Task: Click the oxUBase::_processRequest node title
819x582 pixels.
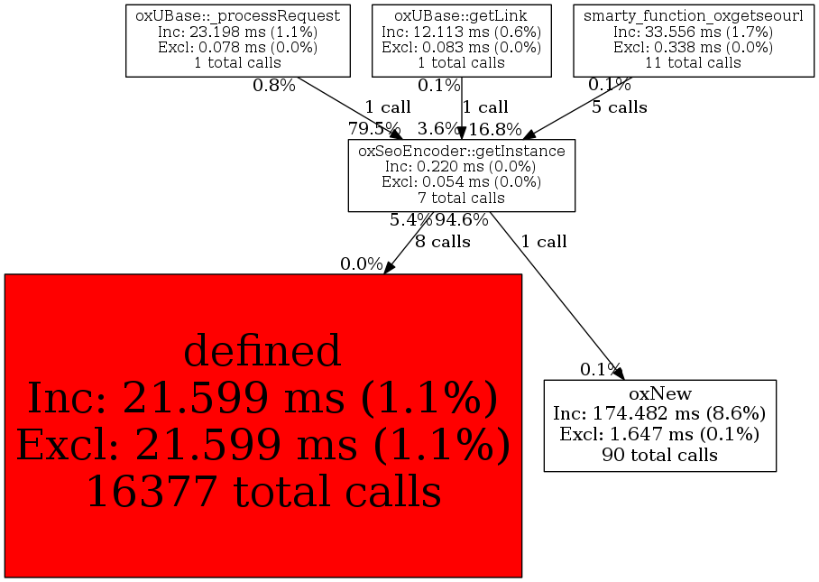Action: [x=237, y=15]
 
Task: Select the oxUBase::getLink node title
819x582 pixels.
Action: [x=461, y=15]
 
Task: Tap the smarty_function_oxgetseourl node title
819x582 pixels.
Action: [x=693, y=15]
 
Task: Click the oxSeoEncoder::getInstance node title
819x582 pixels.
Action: [x=462, y=151]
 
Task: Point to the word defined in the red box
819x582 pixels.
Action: [x=262, y=351]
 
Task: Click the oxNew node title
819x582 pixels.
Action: [x=659, y=394]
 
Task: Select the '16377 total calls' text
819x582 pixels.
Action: [x=263, y=492]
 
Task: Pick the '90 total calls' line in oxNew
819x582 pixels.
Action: [x=659, y=455]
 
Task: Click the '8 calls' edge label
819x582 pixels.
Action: [x=443, y=242]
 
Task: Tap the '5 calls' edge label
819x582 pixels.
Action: [x=619, y=107]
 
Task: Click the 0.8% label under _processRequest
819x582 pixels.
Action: [x=274, y=86]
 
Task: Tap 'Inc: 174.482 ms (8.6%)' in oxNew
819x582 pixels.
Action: [x=659, y=414]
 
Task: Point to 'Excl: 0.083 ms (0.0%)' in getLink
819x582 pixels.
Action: [x=461, y=47]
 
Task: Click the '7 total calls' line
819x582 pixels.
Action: [x=462, y=197]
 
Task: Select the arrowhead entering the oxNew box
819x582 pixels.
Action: [x=618, y=372]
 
